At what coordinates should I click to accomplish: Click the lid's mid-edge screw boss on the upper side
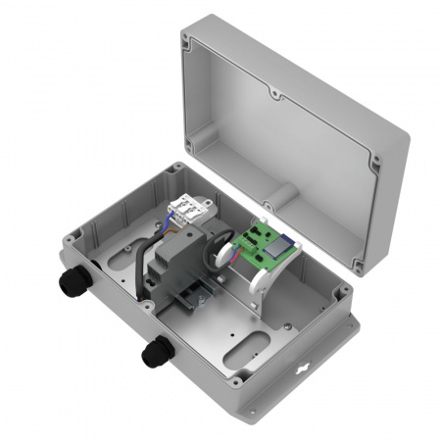275,96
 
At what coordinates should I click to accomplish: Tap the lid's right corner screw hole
374,156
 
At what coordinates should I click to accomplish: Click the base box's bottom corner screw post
254,405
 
